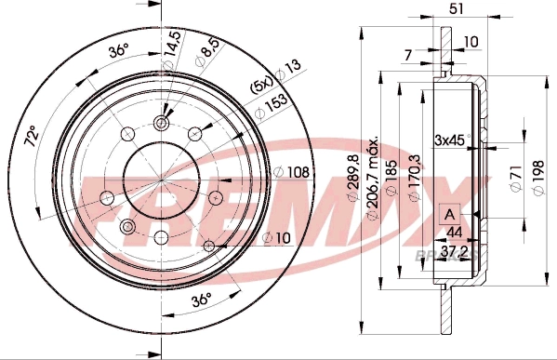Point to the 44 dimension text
(454, 233)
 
